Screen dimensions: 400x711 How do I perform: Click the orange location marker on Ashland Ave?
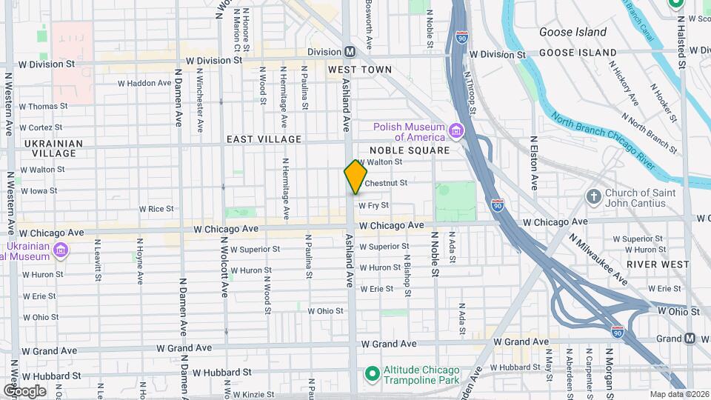355,177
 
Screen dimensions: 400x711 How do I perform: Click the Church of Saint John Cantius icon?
592,197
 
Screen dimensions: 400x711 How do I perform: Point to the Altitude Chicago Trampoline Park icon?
373,370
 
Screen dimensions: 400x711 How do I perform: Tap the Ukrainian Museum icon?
61,250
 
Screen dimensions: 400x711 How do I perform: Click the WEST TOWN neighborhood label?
360,70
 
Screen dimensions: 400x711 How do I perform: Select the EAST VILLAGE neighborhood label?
264,139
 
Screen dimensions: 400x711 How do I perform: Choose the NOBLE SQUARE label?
410,150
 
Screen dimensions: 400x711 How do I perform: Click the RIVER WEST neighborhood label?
652,264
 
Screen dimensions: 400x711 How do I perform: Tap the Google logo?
24,390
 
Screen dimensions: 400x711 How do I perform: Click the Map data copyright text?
678,394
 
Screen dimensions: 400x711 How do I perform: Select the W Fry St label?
374,206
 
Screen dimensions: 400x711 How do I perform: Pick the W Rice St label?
161,210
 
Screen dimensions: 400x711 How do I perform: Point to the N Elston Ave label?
534,162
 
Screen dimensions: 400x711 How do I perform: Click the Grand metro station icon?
690,339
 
